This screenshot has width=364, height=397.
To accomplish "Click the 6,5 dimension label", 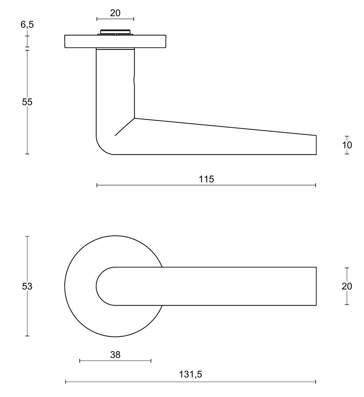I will [27, 25].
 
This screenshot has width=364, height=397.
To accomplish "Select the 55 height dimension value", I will [27, 102].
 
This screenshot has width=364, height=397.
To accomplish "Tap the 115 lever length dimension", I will [206, 179].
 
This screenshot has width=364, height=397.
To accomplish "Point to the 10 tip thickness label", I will [347, 145].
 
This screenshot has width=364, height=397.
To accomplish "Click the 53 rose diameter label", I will [27, 286].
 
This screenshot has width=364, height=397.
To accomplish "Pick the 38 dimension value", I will [115, 355].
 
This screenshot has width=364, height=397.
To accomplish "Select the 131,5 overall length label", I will [190, 374].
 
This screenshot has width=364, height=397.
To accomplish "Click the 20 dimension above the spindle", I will [115, 13].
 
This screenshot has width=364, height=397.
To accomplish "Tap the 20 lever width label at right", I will [347, 286].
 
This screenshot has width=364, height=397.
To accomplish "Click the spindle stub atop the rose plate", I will [115, 32].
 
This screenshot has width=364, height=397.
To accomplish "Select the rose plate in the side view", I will [81, 41].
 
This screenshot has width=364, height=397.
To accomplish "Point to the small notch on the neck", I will [134, 80].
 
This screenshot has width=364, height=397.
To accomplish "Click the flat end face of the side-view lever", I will [316, 145].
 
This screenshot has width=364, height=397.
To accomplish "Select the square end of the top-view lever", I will [316, 286].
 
